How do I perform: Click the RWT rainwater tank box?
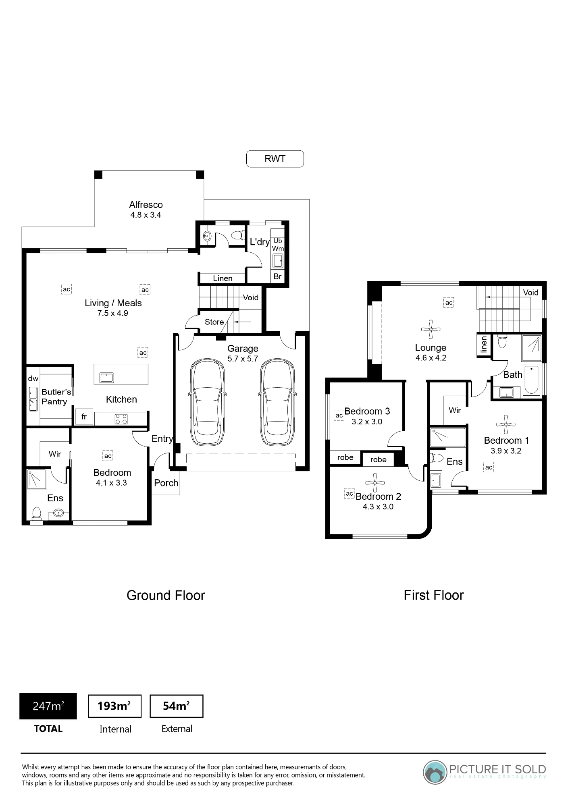point(275,159)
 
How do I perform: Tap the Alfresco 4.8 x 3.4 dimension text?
point(146,215)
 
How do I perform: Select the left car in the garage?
point(207,403)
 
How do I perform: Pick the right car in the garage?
point(277,403)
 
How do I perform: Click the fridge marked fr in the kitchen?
point(84,417)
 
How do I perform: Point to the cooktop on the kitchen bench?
point(121,419)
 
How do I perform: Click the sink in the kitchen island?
point(107,378)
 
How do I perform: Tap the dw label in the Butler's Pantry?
point(33,379)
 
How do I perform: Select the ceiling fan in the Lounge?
point(431,329)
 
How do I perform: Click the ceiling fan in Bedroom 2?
point(375,482)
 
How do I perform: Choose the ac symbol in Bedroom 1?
point(489,467)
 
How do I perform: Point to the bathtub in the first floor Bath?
point(531,380)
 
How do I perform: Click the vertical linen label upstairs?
point(484,345)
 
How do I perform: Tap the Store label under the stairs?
point(214,322)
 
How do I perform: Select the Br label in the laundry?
point(277,276)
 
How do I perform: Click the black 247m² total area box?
point(48,706)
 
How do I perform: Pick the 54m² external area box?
point(177,706)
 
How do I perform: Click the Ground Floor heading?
point(166,596)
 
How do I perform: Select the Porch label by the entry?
point(166,483)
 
